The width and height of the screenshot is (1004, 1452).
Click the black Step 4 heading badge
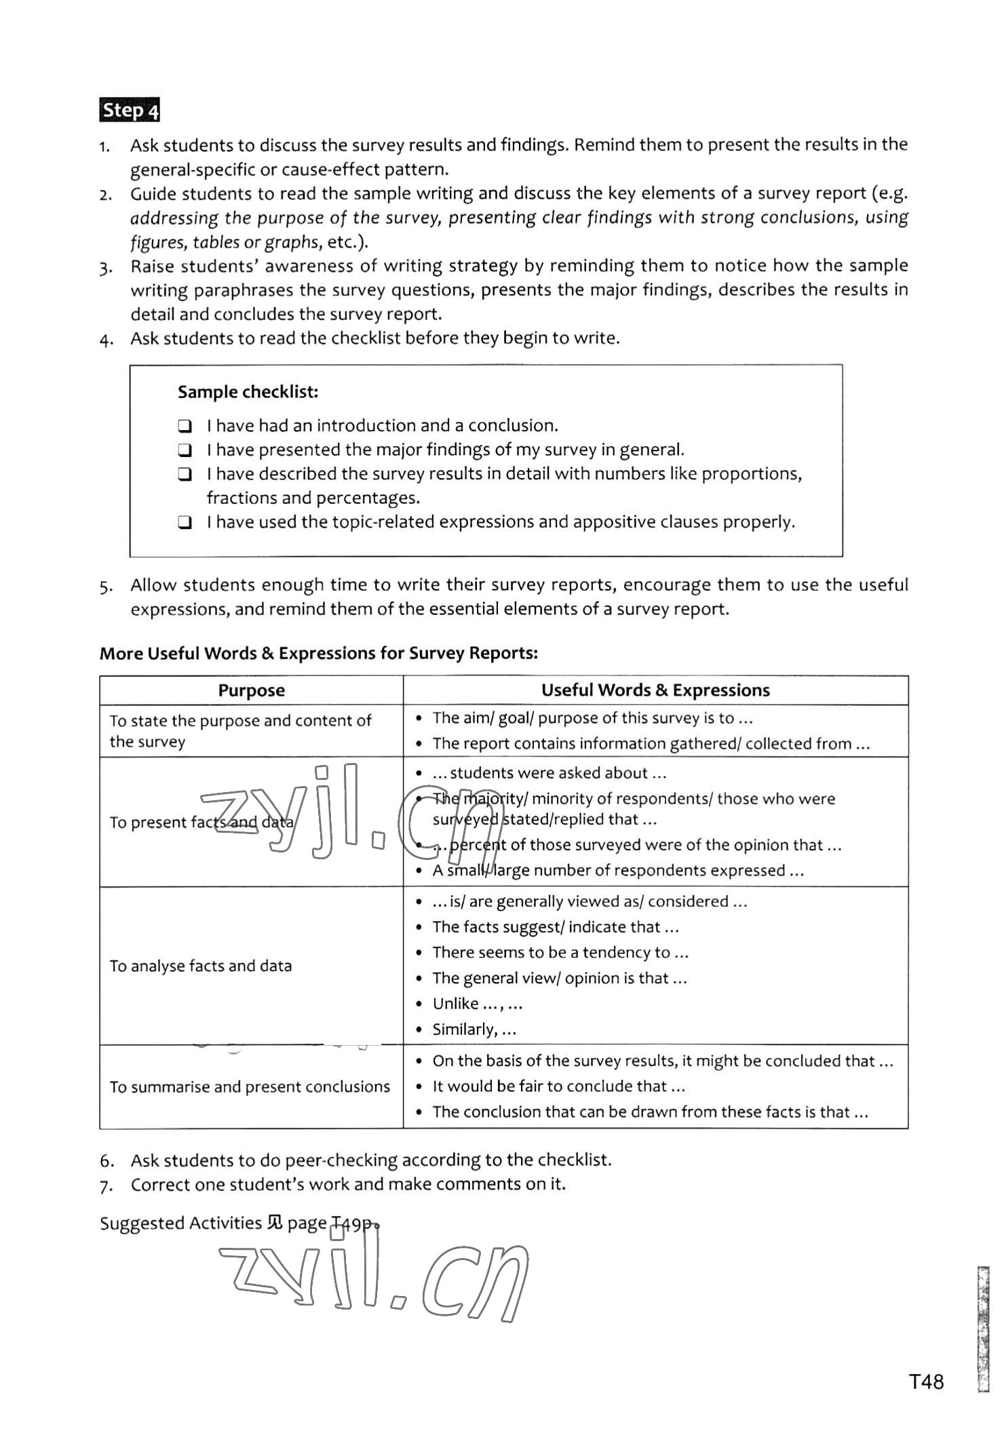[x=130, y=110]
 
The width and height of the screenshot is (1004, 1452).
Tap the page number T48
[x=926, y=1381]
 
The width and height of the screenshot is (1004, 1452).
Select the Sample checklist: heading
[x=248, y=392]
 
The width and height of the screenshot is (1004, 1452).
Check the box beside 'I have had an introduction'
[x=185, y=427]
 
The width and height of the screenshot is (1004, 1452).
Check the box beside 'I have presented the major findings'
[x=185, y=450]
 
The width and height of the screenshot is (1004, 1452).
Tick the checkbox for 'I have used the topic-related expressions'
[x=185, y=523]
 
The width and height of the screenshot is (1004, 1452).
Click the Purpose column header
[x=251, y=690]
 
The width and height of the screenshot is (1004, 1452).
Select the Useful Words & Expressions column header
[x=655, y=690]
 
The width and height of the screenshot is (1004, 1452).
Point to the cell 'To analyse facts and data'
[x=201, y=966]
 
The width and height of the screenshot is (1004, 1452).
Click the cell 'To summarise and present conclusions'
[x=250, y=1086]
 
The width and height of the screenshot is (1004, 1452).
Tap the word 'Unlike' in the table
[x=456, y=1004]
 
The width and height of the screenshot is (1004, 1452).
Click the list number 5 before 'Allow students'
[x=106, y=587]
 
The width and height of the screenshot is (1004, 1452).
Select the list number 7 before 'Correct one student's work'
[x=106, y=1185]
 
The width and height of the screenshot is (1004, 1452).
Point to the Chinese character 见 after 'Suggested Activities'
[x=275, y=1223]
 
